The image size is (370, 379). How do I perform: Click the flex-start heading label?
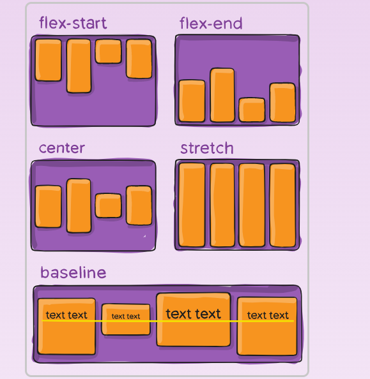point(73,23)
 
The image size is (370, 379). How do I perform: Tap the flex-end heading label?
point(211,23)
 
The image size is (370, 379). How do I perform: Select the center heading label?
point(62,148)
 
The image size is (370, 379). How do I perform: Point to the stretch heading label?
point(207,148)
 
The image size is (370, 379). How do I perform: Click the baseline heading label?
point(73,272)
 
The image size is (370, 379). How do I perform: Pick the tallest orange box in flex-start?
point(79,66)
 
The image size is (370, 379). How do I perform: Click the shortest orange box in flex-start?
point(108,51)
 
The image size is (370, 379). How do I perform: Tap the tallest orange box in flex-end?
point(222,95)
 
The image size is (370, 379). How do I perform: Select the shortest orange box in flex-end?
point(252,110)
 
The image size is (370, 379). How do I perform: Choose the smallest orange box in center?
point(108,205)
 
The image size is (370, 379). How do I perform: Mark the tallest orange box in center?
point(79,205)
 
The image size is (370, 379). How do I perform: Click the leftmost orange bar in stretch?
point(192,205)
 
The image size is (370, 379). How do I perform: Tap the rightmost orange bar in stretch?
point(282,205)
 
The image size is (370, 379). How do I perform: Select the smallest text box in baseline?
point(126,320)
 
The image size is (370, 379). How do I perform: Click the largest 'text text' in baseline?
point(193,314)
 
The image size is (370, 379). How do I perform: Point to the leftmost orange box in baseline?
point(66,327)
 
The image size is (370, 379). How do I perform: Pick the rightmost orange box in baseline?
point(267,326)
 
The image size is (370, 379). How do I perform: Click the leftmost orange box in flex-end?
point(192,101)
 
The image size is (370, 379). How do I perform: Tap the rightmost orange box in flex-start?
point(139,59)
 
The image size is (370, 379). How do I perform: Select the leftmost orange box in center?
point(48,207)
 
